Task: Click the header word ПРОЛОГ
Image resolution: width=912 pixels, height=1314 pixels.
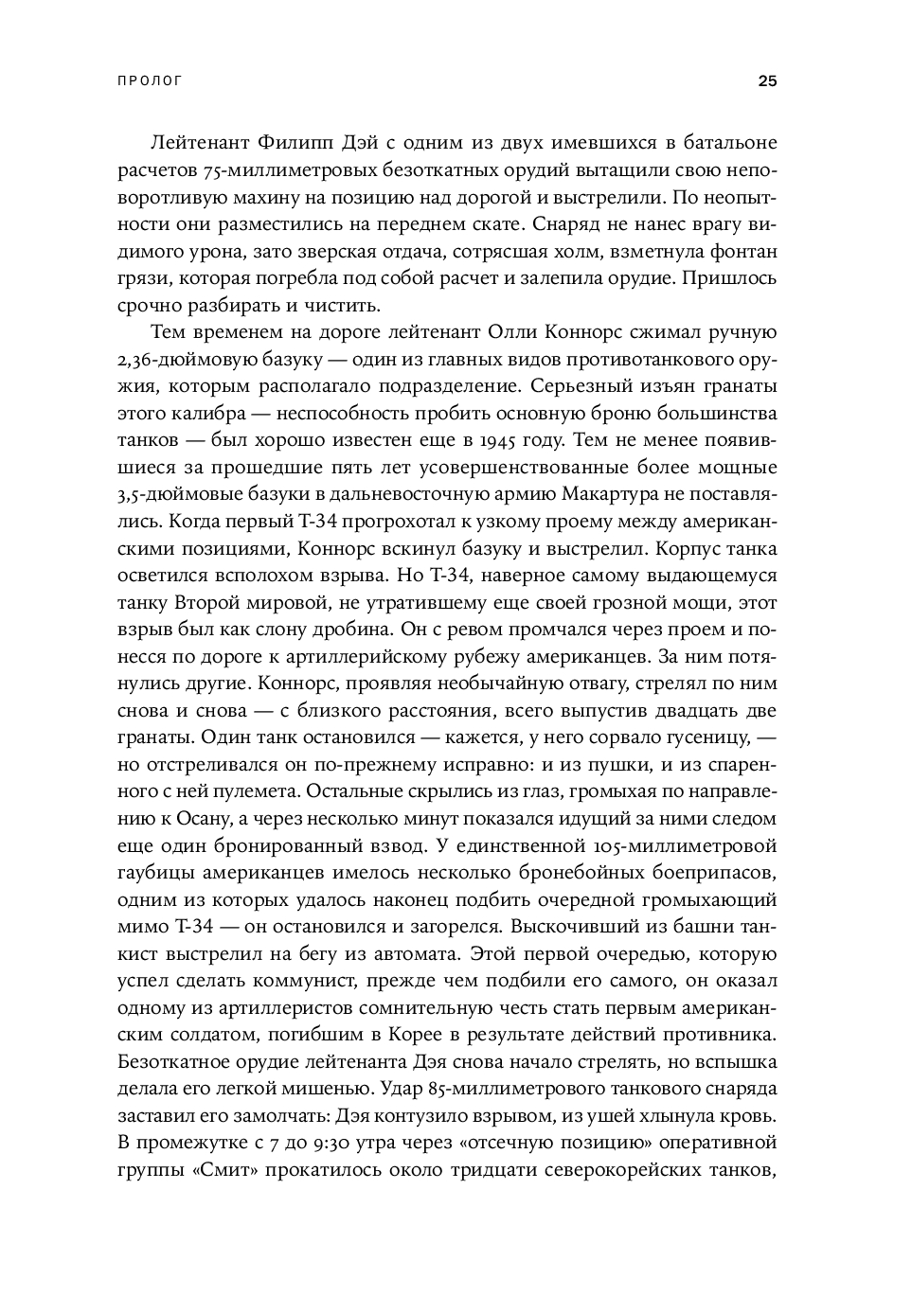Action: tap(150, 81)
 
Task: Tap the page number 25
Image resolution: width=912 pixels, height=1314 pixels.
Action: tap(767, 81)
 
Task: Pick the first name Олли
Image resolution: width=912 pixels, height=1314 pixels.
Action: tap(512, 333)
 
